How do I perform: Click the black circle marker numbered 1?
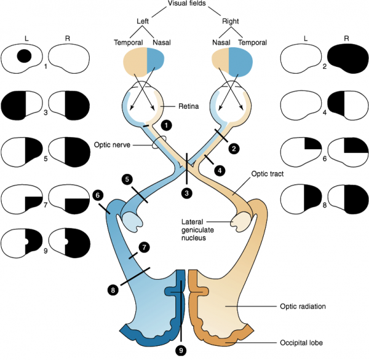(x=165, y=125)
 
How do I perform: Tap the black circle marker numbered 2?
(x=233, y=148)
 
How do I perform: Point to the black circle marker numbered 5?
(x=127, y=179)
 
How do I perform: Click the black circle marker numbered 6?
(x=97, y=194)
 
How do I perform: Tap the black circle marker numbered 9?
(x=181, y=350)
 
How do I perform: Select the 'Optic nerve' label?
(x=113, y=146)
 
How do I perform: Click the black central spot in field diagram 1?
(x=23, y=57)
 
